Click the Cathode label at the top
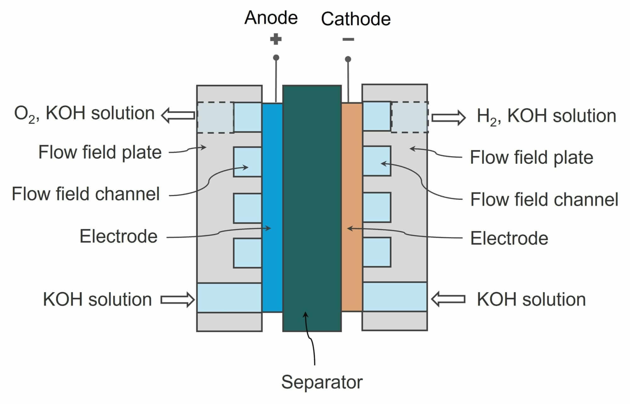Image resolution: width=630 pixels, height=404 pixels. (x=356, y=19)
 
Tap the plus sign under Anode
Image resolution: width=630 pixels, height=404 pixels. (x=276, y=39)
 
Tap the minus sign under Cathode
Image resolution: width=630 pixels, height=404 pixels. (x=348, y=39)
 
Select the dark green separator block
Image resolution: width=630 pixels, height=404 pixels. (x=312, y=189)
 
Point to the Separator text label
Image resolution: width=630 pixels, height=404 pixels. (x=322, y=382)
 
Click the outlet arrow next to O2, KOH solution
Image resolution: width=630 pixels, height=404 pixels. (x=178, y=115)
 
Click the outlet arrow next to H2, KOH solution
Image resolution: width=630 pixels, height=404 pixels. (x=449, y=117)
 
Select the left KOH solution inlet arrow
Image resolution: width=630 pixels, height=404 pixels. (x=178, y=299)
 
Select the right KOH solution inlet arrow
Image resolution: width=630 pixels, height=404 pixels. (x=448, y=299)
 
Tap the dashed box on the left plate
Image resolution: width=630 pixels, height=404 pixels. (x=215, y=117)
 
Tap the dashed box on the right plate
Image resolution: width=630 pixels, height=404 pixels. (x=409, y=117)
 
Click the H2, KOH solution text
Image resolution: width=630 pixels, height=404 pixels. (x=546, y=116)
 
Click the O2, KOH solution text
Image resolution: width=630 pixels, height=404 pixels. (x=84, y=114)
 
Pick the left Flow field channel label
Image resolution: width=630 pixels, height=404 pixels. (x=86, y=194)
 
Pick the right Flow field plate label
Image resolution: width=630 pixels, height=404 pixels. (x=531, y=157)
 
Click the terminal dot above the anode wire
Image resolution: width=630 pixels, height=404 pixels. (x=276, y=58)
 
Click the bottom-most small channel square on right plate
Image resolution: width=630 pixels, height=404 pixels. (x=377, y=252)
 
